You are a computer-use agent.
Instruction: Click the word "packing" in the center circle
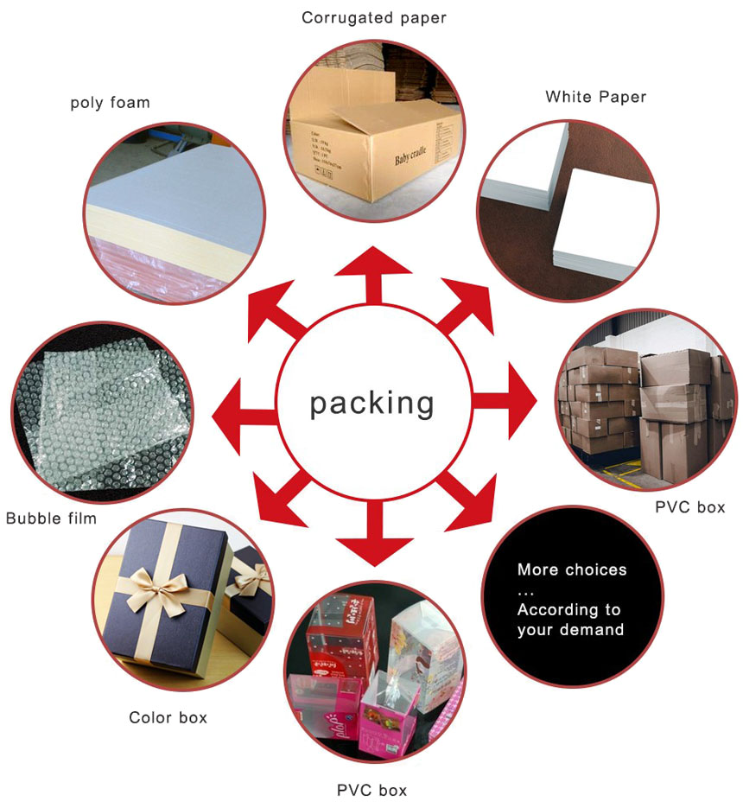point(372,403)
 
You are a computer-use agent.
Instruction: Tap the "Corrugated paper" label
point(374,17)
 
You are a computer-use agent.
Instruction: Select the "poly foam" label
point(110,103)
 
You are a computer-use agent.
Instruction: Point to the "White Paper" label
point(595,97)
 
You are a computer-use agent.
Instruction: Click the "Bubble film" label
point(51,519)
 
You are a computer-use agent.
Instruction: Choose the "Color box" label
point(168,717)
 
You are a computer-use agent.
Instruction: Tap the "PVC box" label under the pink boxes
point(371,790)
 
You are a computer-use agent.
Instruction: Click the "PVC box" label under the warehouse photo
point(689,507)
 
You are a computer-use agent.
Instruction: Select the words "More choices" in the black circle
point(572,570)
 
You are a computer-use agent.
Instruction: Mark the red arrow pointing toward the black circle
point(471,499)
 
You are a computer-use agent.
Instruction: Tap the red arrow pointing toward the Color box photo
point(276,499)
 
